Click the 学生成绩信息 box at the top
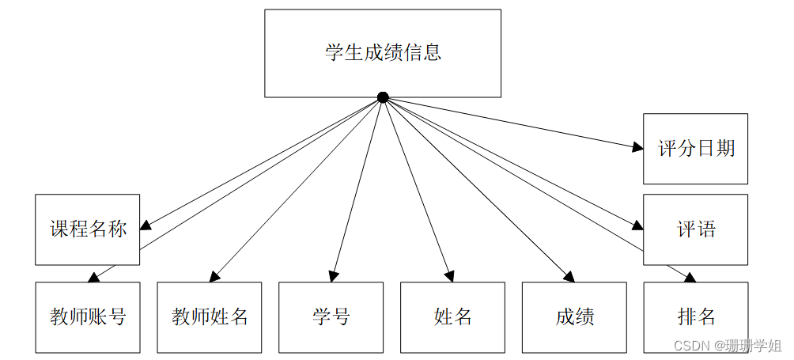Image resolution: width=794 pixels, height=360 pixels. [383, 53]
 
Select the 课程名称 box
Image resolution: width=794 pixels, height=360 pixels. [88, 229]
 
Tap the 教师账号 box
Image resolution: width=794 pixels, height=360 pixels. [88, 317]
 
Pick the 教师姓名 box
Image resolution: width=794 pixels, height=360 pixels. [210, 317]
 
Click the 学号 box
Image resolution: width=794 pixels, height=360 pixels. [331, 317]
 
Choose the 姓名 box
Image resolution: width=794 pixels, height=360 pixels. [452, 317]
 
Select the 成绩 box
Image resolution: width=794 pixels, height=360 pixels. [574, 317]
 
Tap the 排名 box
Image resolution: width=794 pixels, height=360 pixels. [696, 317]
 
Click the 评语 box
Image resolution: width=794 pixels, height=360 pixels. [696, 229]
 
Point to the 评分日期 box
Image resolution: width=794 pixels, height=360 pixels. [696, 149]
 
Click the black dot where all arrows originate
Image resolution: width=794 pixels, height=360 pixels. [383, 97]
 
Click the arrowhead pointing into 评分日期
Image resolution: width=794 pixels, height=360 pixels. [637, 146]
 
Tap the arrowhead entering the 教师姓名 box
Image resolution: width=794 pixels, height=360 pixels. [214, 277]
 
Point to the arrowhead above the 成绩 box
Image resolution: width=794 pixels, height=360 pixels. [569, 277]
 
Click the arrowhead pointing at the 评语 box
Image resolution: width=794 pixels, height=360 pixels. [637, 226]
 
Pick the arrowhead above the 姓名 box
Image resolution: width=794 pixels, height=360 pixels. [449, 276]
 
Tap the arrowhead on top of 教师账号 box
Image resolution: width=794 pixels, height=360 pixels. [93, 278]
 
